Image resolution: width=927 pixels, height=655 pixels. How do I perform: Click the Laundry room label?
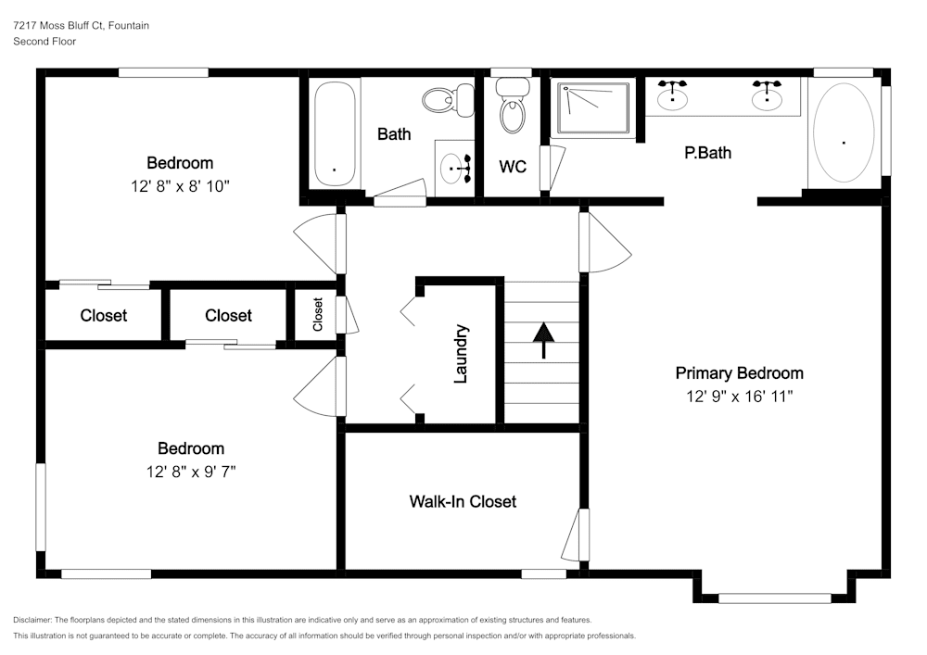(x=461, y=353)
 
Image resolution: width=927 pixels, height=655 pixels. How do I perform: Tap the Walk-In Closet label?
(x=463, y=501)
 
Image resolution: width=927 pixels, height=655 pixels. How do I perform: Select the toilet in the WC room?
(x=511, y=106)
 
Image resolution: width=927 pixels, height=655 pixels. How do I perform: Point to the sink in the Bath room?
(x=454, y=168)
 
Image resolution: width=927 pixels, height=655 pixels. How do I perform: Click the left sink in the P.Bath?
(x=672, y=94)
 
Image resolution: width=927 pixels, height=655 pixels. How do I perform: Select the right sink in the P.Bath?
(x=767, y=94)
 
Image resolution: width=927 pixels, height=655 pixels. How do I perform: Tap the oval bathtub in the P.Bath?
(x=843, y=133)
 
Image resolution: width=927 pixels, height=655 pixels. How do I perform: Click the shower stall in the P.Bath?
(x=591, y=110)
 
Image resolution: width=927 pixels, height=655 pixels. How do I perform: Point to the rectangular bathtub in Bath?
(x=334, y=133)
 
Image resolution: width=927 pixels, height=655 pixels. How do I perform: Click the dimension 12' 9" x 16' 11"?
(x=739, y=397)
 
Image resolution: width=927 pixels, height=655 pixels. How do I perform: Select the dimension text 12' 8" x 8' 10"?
(x=180, y=186)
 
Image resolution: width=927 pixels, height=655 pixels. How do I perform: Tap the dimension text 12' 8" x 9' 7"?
(x=191, y=472)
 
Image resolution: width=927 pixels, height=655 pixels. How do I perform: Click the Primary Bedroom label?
(x=739, y=373)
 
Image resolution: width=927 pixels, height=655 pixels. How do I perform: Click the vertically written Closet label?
(x=318, y=315)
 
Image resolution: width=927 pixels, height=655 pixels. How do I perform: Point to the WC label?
(x=513, y=167)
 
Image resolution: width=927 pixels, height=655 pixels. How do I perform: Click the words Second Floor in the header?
(x=44, y=42)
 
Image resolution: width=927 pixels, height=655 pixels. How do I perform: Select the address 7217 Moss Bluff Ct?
(x=57, y=26)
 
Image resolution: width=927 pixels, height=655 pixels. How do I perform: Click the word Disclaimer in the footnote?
(x=33, y=619)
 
